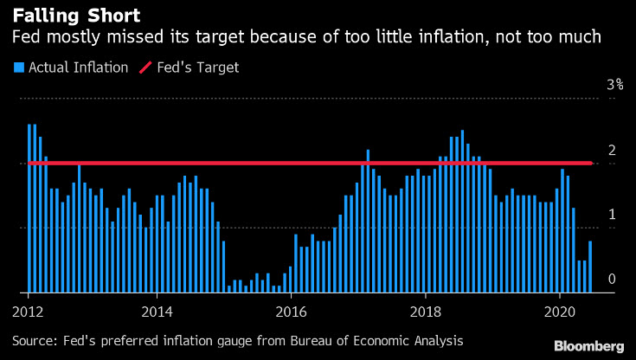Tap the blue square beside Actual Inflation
click(17, 67)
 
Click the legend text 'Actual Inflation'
click(79, 67)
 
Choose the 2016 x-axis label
click(292, 311)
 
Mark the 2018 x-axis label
click(427, 311)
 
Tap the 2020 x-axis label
click(561, 311)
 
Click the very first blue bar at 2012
click(29, 208)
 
